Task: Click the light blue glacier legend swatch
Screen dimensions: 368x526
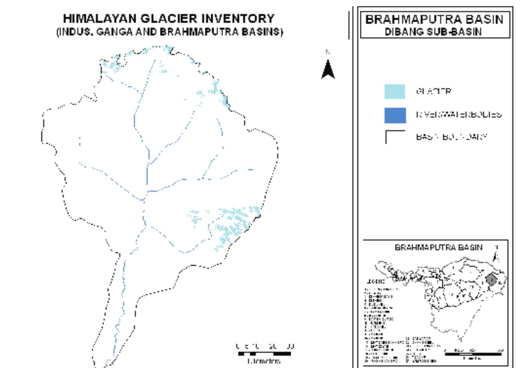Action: pos(395,92)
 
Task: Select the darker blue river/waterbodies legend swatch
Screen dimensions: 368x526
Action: pos(395,115)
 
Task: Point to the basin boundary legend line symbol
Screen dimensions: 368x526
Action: pos(395,136)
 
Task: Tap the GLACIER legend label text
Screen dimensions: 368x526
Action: pos(433,91)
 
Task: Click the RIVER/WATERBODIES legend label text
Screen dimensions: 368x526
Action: pos(458,115)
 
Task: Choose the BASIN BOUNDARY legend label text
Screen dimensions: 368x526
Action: pos(451,137)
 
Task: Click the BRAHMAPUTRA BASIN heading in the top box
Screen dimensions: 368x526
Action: pos(434,20)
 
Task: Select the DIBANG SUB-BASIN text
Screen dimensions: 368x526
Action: pos(433,32)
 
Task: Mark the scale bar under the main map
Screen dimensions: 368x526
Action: pos(264,354)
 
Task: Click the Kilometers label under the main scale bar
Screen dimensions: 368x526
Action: pos(264,361)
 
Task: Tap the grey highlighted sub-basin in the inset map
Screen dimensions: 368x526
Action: pos(491,280)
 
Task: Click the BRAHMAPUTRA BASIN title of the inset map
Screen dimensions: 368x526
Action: pos(438,247)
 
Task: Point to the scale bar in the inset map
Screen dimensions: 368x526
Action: pos(473,354)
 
